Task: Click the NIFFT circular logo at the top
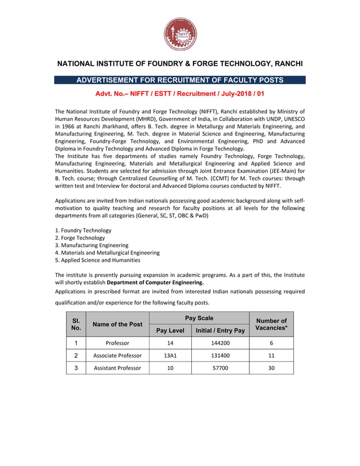pyautogui.click(x=180, y=34)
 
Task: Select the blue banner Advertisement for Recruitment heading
pyautogui.click(x=180, y=80)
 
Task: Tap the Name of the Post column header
pyautogui.click(x=117, y=324)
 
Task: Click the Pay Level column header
pyautogui.click(x=170, y=331)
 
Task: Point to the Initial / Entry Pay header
pyautogui.click(x=220, y=331)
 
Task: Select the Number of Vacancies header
pyautogui.click(x=271, y=324)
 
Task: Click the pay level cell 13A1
pyautogui.click(x=170, y=355)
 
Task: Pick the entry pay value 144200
pyautogui.click(x=220, y=343)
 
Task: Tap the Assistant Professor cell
pyautogui.click(x=117, y=368)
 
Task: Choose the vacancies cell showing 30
pyautogui.click(x=271, y=368)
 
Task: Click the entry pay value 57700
pyautogui.click(x=220, y=368)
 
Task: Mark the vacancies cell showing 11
pyautogui.click(x=271, y=355)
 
